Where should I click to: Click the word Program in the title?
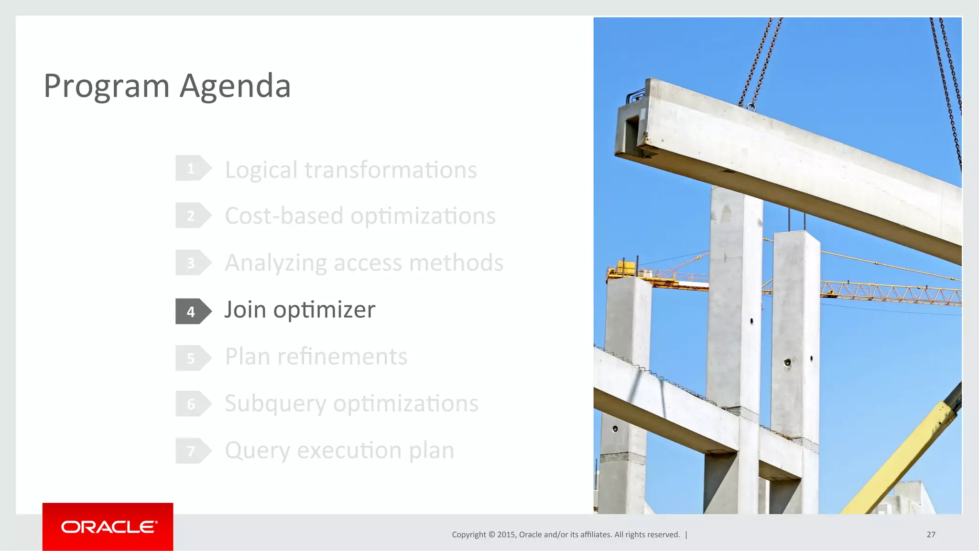(x=107, y=87)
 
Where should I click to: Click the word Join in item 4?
(x=245, y=310)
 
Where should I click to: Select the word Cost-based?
(x=284, y=216)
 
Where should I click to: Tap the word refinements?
(x=342, y=357)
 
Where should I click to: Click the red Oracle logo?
(x=108, y=527)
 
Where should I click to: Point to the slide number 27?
(x=931, y=534)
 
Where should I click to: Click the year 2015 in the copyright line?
(x=506, y=534)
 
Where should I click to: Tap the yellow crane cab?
(x=623, y=268)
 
